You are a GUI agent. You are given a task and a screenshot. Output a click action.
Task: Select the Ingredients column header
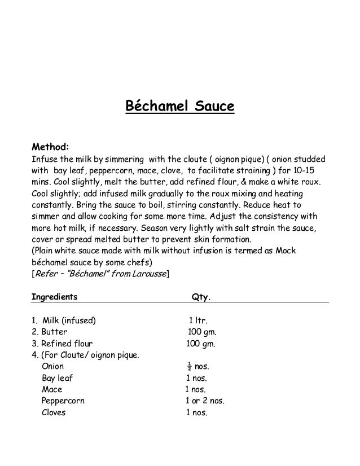[x=54, y=296]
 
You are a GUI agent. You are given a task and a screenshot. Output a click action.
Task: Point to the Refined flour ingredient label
[x=62, y=344]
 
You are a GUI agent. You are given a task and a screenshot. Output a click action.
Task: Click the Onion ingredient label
[x=52, y=367]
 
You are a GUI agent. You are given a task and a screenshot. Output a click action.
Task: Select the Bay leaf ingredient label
[x=57, y=378]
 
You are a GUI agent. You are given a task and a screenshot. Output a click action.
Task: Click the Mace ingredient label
[x=52, y=389]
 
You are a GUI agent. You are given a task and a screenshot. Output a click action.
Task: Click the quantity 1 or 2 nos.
[x=205, y=401]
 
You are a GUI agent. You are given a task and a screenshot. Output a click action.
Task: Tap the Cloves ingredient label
[x=54, y=412]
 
